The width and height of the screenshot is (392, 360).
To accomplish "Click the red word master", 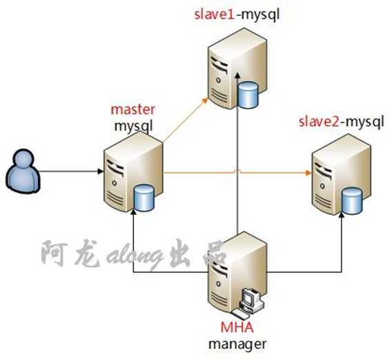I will pos(133,111).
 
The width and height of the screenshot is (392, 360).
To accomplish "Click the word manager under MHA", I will pos(237,342).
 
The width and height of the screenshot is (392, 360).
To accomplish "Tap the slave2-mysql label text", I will pos(341,122).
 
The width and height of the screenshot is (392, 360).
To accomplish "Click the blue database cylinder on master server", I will pos(144,198).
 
